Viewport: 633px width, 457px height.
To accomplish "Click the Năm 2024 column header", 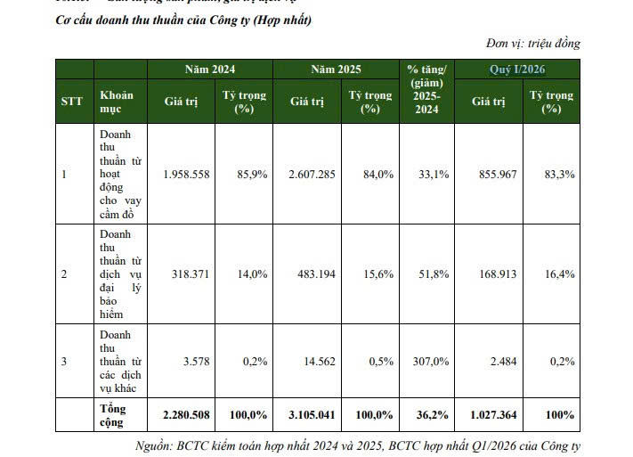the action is coord(210,69).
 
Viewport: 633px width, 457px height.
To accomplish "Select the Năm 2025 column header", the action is coord(336,69).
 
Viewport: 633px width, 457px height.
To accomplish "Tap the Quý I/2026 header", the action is coord(517,69).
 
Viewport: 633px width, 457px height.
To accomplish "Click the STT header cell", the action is coord(72,101).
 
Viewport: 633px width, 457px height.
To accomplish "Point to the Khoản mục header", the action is coord(117,102).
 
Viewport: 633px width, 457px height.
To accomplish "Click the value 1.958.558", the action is coord(186,174).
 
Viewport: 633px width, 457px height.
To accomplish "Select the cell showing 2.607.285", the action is coord(312,174).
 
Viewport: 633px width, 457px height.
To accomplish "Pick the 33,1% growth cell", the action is coord(434,174).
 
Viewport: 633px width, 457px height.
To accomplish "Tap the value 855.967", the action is coord(498,174).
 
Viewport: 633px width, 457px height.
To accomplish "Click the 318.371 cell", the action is coord(191,274).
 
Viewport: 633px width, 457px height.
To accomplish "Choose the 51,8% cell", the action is coord(434,274).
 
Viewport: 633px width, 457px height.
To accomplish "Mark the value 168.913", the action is coord(498,274).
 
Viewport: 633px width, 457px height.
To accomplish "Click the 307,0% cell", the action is coord(431,362).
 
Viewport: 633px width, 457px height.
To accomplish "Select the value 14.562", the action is coord(320,362).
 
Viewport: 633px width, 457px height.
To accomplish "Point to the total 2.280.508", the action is coord(186,415).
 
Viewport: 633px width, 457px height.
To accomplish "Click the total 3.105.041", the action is coord(312,415).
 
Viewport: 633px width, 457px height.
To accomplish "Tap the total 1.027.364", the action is coord(493,415).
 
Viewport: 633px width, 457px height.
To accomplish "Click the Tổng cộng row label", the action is coord(113,415).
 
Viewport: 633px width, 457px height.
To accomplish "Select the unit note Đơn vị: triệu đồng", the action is coord(533,43).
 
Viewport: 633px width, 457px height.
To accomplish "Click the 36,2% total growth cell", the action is coord(433,415).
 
